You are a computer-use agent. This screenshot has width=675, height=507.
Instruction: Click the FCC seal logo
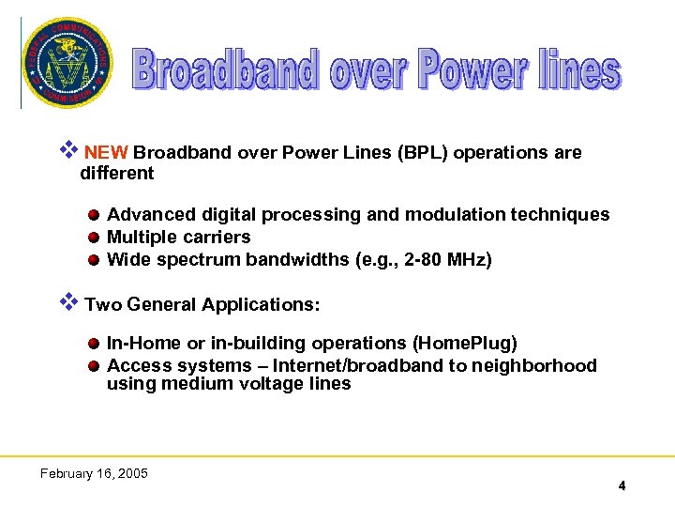67,63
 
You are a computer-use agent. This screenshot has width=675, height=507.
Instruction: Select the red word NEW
107,153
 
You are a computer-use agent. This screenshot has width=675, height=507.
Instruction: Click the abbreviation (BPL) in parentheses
423,153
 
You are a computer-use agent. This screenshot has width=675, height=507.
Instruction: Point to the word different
117,174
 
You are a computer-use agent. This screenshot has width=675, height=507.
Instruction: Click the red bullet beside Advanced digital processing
96,216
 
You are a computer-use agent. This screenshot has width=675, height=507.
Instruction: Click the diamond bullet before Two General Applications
67,302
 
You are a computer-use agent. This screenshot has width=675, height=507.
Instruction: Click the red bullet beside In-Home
96,345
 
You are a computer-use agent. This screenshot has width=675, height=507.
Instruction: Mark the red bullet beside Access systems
96,366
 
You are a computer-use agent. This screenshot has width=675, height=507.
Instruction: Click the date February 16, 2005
94,473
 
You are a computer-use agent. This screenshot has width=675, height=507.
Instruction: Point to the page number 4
622,485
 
